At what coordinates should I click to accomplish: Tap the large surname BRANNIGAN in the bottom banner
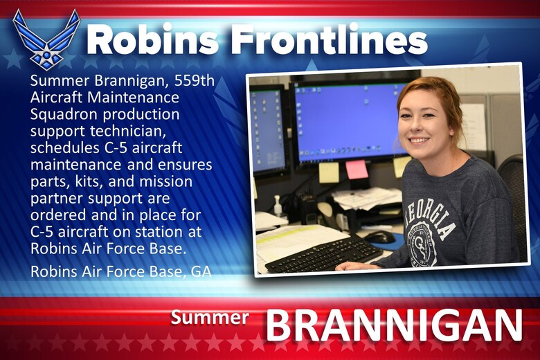[394, 326]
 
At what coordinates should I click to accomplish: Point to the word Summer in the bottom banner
[210, 318]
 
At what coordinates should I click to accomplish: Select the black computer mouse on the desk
[379, 237]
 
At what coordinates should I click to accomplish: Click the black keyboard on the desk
[323, 253]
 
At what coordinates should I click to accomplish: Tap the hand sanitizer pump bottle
[278, 205]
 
